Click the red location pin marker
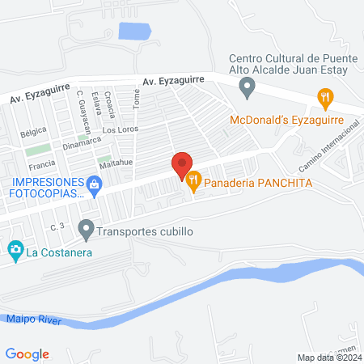pyautogui.click(x=182, y=165)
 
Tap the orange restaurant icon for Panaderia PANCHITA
pyautogui.click(x=193, y=182)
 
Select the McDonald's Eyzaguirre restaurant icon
pyautogui.click(x=325, y=100)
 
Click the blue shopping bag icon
pyautogui.click(x=95, y=184)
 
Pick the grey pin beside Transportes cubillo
pyautogui.click(x=86, y=231)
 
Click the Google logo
pyautogui.click(x=28, y=353)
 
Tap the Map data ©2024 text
pyautogui.click(x=328, y=357)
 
